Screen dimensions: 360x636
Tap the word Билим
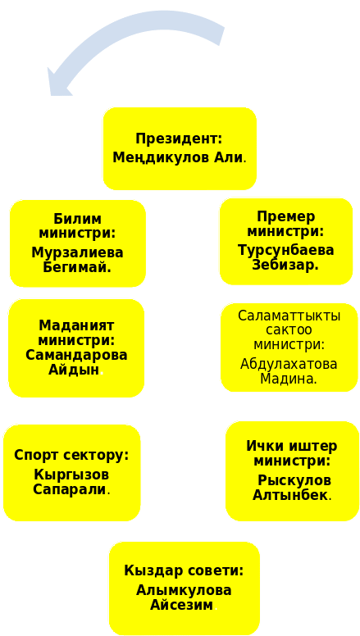tap(77, 219)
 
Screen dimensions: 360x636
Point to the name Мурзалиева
tap(77, 252)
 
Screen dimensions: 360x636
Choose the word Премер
tap(285, 216)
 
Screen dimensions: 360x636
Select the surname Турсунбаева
tap(285, 250)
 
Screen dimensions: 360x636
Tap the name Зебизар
tap(285, 265)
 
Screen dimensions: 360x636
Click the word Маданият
tap(76, 325)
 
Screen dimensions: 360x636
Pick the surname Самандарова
tap(76, 355)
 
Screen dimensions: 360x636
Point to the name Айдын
tap(74, 370)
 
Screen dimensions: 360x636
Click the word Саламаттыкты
tap(289, 316)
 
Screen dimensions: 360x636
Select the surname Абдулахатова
tap(289, 364)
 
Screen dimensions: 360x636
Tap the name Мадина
tap(288, 379)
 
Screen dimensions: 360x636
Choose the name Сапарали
tap(70, 489)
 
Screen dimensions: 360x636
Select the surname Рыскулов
tap(294, 480)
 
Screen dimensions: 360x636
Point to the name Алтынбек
tap(290, 495)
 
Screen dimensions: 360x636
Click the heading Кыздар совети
tap(184, 570)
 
